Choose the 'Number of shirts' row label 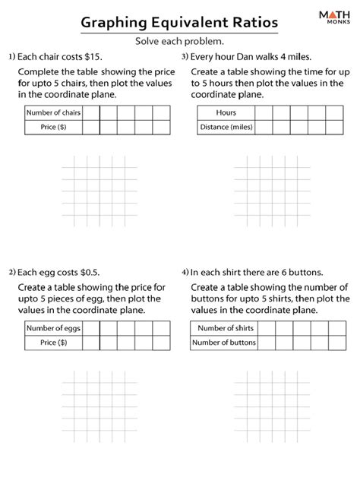point(226,329)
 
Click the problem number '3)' point(185,57)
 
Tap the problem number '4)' point(185,272)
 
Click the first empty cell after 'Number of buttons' point(268,343)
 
